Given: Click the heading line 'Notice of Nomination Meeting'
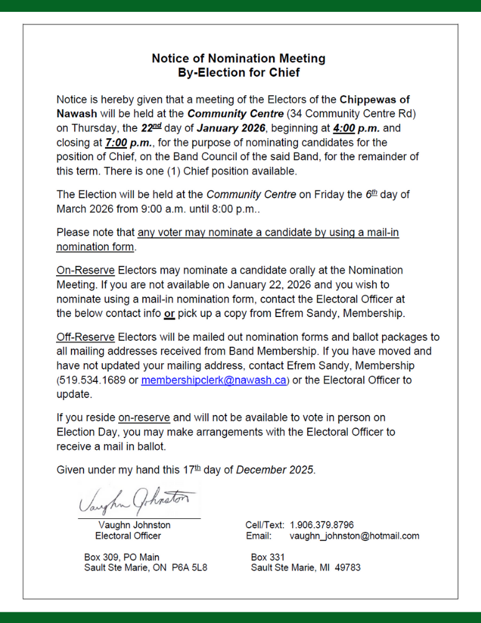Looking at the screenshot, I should (238, 59).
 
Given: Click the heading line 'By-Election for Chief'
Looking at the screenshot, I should (238, 73).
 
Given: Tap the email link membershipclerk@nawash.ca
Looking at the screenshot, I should (213, 380).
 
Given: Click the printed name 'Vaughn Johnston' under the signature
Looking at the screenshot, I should (134, 525).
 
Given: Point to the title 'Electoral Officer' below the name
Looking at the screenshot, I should (128, 536).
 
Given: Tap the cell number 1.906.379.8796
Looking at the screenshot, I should (322, 525).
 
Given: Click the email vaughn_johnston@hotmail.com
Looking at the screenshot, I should (355, 536).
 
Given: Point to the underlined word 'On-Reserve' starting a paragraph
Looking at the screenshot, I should (85, 270).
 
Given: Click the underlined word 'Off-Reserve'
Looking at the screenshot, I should (85, 337).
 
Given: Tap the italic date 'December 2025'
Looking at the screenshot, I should (275, 470).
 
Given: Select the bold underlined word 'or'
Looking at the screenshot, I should (169, 313).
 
